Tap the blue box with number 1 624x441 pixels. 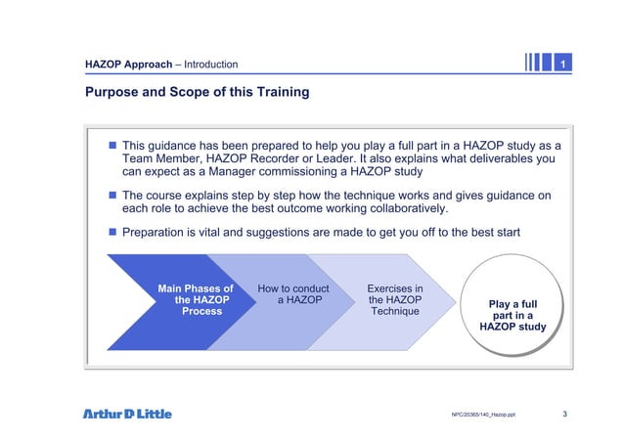(x=562, y=64)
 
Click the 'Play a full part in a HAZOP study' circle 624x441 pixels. (x=513, y=315)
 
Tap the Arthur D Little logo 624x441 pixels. (x=127, y=414)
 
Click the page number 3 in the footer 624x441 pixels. (x=565, y=414)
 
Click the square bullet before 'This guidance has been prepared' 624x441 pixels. (x=112, y=145)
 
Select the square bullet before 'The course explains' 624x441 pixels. (x=112, y=195)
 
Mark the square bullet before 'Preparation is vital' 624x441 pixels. (x=112, y=232)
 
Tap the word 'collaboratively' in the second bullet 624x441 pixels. (x=401, y=208)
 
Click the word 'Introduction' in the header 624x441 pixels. (x=206, y=65)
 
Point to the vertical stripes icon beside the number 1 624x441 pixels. (x=536, y=64)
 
